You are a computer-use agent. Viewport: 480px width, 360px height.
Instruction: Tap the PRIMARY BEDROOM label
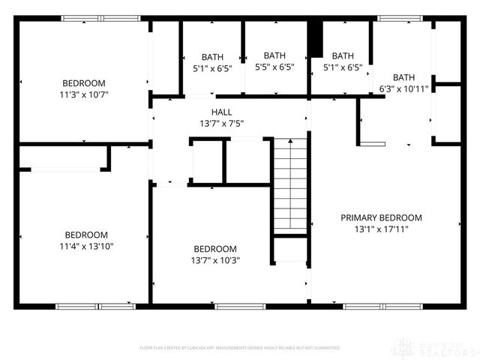point(381,217)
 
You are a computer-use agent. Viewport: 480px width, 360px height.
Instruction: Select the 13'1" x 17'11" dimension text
point(381,229)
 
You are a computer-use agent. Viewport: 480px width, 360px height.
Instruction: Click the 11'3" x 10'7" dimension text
point(84,94)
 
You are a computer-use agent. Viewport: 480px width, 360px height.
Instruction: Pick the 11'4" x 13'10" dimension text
point(85,246)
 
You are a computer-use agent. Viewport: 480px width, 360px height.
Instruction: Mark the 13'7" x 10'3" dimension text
point(215,260)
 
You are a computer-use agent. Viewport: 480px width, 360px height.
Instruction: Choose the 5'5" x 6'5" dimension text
point(274,67)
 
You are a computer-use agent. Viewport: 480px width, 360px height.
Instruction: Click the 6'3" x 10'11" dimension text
point(403,89)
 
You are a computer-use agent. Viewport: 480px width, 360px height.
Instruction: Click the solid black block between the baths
point(316,38)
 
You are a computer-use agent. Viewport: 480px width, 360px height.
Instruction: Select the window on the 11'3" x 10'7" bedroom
point(100,18)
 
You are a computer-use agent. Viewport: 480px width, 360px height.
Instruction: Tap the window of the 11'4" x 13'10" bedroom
point(96,306)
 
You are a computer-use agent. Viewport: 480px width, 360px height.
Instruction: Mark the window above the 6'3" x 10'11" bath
point(399,18)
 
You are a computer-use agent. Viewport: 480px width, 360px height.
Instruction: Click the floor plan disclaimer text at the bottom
point(240,348)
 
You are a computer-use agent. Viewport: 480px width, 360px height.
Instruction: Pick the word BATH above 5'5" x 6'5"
point(274,55)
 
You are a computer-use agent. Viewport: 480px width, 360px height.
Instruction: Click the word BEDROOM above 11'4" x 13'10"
point(85,234)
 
